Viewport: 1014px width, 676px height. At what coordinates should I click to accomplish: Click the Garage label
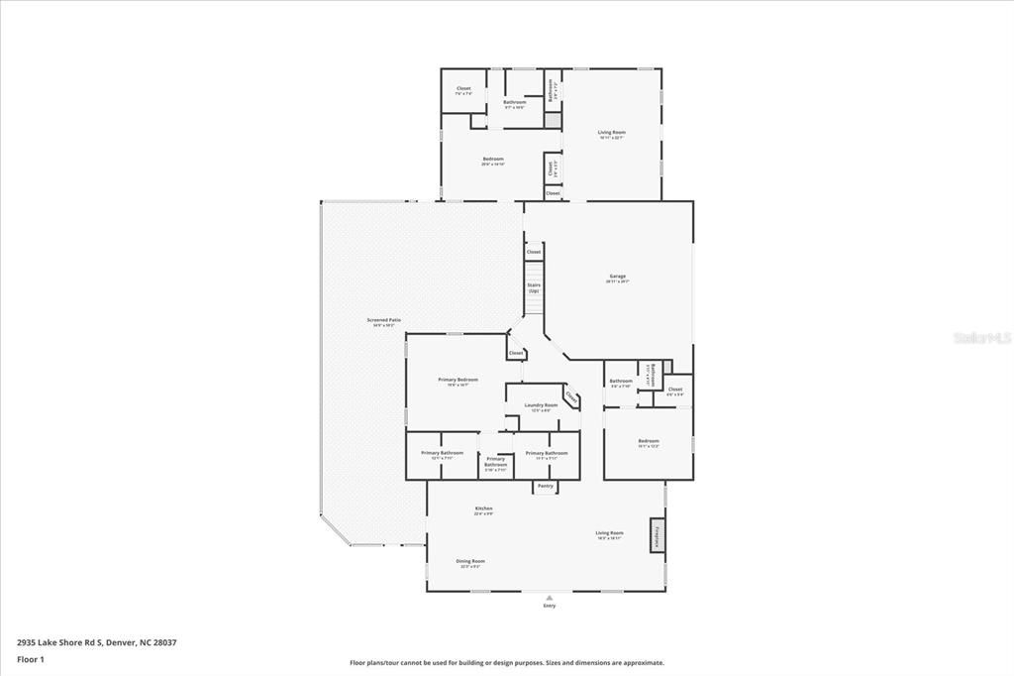pyautogui.click(x=616, y=277)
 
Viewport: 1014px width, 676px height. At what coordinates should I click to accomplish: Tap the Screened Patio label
pyautogui.click(x=384, y=320)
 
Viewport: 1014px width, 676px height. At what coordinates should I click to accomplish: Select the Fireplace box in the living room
pyautogui.click(x=657, y=535)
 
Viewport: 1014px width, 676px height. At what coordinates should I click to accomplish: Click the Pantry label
pyautogui.click(x=545, y=486)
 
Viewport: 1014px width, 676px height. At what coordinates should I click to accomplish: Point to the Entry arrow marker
pyautogui.click(x=550, y=597)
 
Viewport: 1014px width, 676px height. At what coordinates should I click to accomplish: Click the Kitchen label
pyautogui.click(x=483, y=508)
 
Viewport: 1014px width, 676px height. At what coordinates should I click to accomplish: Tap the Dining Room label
pyautogui.click(x=470, y=562)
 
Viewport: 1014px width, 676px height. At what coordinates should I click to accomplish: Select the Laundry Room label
pyautogui.click(x=541, y=405)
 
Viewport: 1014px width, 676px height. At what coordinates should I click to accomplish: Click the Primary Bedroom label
pyautogui.click(x=458, y=380)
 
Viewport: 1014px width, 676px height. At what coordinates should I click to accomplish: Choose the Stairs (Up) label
pyautogui.click(x=534, y=287)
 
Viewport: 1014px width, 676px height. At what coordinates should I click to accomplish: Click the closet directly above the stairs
pyautogui.click(x=534, y=252)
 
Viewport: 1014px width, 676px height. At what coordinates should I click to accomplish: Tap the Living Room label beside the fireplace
pyautogui.click(x=609, y=533)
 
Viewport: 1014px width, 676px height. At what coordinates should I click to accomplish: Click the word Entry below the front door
pyautogui.click(x=550, y=606)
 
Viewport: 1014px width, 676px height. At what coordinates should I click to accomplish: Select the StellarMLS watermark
pyautogui.click(x=981, y=337)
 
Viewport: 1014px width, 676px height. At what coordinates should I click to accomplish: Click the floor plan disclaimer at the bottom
pyautogui.click(x=506, y=663)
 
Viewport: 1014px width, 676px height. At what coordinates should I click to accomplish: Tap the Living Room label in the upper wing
pyautogui.click(x=611, y=133)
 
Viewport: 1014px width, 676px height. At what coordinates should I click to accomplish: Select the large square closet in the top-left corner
pyautogui.click(x=463, y=90)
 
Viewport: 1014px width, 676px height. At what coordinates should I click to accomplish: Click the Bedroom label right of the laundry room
pyautogui.click(x=649, y=441)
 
